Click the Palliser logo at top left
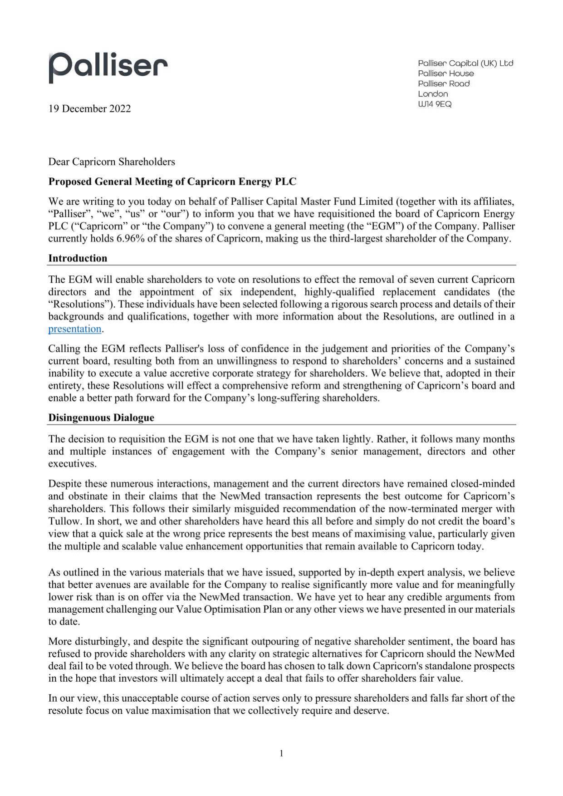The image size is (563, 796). tap(108, 67)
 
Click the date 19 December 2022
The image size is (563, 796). tap(89, 108)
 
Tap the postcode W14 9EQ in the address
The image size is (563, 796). tap(435, 104)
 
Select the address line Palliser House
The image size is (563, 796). tap(446, 74)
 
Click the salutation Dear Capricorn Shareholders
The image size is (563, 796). tap(112, 162)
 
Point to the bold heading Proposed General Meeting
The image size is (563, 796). tap(172, 182)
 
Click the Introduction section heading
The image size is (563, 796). tap(78, 258)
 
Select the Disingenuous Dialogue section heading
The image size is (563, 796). tap(101, 418)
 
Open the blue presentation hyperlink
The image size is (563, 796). tap(74, 329)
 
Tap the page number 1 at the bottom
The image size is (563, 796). tap(281, 753)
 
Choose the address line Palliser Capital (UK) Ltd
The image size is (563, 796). tap(465, 64)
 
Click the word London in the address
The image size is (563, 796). tap(433, 94)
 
